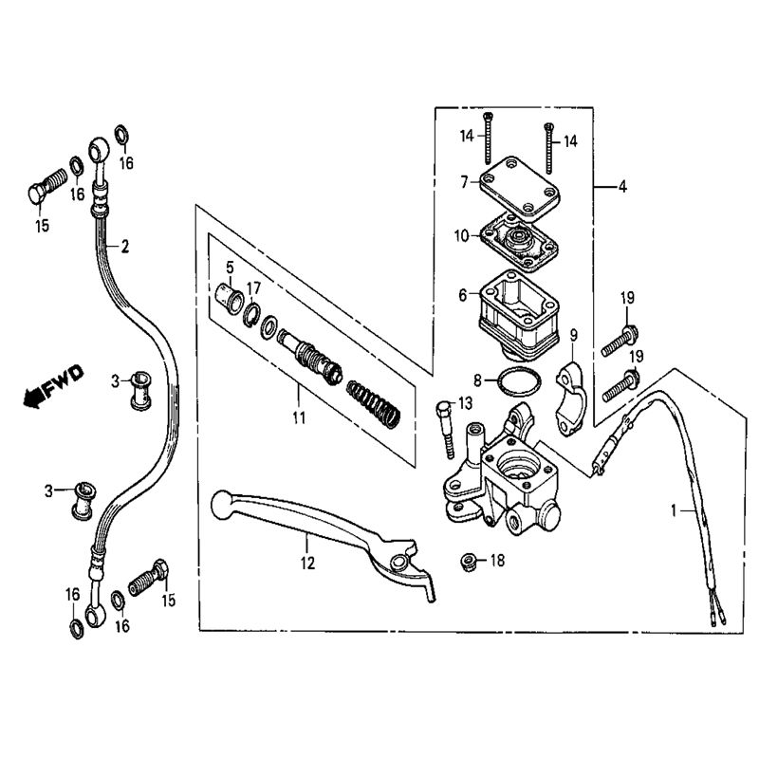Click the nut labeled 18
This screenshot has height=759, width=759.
click(468, 561)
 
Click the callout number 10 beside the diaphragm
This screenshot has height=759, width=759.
click(461, 235)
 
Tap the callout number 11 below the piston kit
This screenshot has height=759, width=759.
click(299, 416)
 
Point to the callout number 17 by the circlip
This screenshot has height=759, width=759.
click(254, 287)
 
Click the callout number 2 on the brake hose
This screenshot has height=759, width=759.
click(124, 247)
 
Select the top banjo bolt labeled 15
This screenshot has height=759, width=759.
click(44, 188)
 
